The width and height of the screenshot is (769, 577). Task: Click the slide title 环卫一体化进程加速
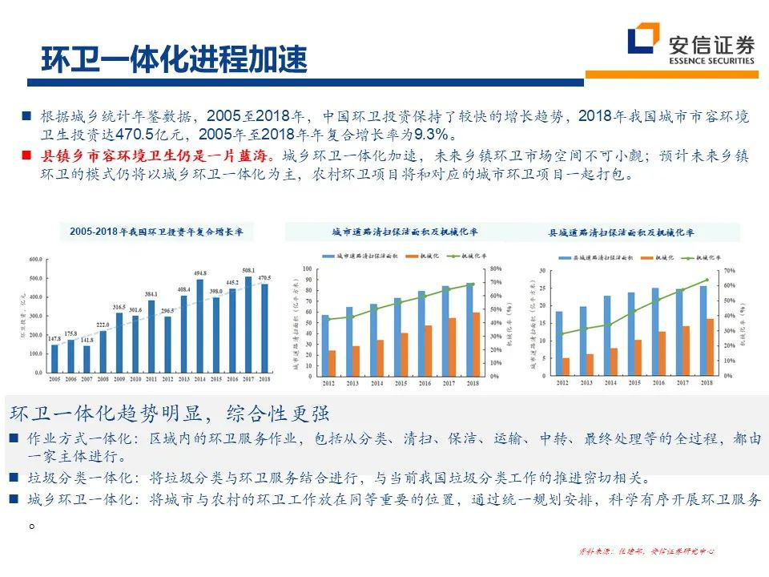[x=174, y=60]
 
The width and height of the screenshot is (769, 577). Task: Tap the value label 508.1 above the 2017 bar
[x=248, y=271]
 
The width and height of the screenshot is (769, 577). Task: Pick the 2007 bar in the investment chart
[x=87, y=360]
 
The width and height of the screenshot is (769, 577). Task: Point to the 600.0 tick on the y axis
[x=35, y=260]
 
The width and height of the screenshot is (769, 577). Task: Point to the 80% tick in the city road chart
[x=497, y=268]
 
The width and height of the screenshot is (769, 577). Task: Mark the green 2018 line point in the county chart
[x=707, y=280]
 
